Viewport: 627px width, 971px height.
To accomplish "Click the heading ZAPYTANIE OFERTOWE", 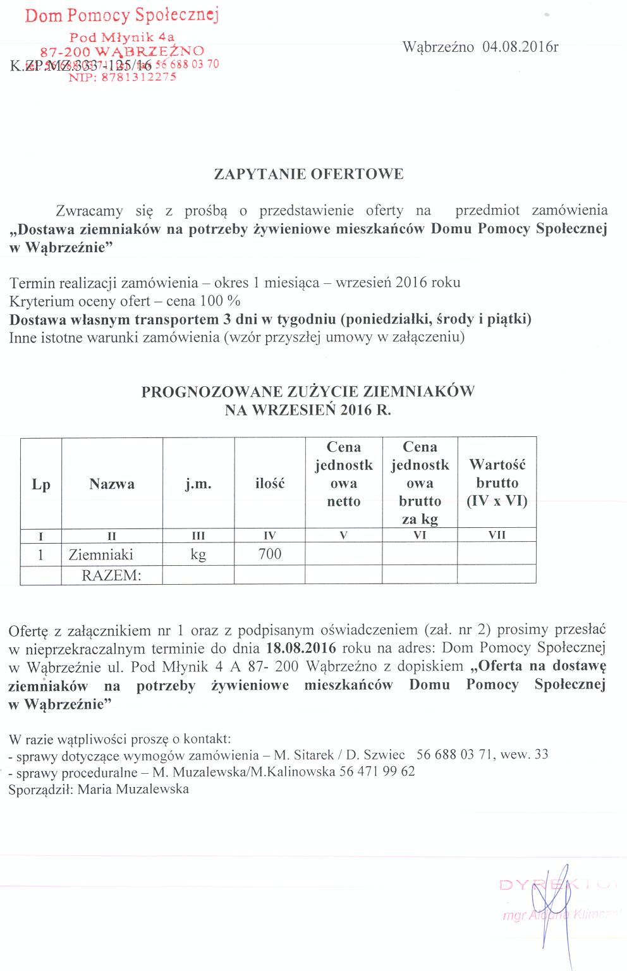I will point(308,174).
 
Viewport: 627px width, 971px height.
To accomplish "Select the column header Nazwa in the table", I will point(112,484).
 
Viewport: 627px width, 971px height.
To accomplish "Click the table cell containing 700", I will point(270,554).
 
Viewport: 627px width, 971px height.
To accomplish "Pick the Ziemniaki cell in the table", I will point(101,555).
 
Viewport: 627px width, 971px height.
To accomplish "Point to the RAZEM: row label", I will point(111,575).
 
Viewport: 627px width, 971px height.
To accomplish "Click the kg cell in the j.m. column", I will point(198,555).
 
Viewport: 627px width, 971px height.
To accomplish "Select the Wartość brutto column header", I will point(497,483).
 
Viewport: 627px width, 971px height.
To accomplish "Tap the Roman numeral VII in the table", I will point(497,535).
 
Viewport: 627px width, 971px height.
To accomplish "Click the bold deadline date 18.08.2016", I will point(301,649).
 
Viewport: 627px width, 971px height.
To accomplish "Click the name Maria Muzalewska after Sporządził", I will point(133,790).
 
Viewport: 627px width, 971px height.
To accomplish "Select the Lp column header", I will point(41,485).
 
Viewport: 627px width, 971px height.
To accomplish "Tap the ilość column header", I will point(270,484).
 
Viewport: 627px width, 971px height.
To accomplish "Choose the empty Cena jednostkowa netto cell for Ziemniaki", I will point(344,554).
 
